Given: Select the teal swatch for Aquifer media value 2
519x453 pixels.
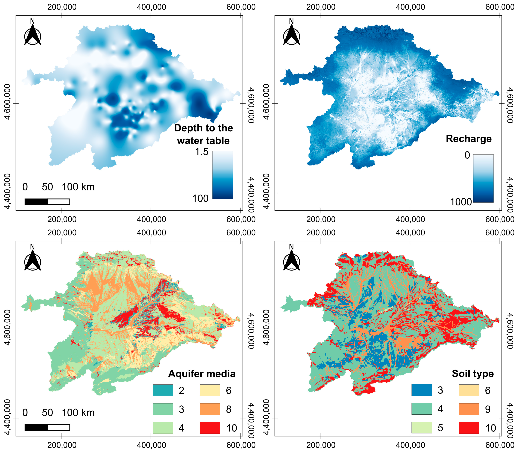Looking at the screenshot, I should pos(163,390).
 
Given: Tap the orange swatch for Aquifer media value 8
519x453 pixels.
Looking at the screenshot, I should pos(210,409).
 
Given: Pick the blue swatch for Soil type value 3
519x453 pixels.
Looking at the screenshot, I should pos(421,390).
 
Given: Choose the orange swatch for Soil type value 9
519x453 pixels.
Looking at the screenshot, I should pos(469,409).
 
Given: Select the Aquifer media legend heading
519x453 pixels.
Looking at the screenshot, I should pos(202,374).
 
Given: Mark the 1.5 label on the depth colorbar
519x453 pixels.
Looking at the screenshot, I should pos(202,152).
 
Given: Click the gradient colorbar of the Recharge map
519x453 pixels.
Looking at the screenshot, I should pos(483,178).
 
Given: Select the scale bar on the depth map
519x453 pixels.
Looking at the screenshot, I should pos(47,202).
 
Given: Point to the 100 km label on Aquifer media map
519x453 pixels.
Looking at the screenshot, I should pos(78,413).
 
